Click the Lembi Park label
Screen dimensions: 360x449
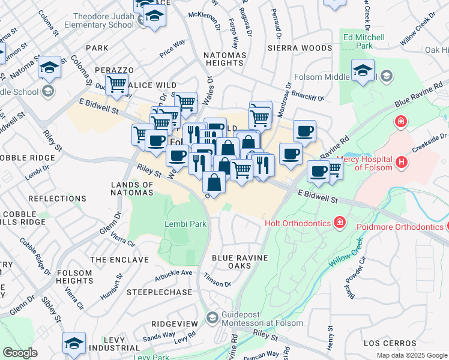[185, 224]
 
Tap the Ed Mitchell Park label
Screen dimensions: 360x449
[363, 40]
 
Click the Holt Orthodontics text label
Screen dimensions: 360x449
[298, 223]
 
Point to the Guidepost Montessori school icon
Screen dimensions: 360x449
[211, 316]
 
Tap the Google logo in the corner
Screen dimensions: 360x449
[20, 353]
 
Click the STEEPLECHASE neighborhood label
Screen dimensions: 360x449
[159, 292]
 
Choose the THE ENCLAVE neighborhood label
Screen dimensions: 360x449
[119, 260]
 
